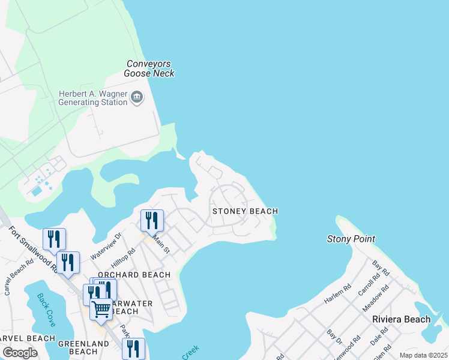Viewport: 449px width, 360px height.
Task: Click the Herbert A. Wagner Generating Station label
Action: click(93, 98)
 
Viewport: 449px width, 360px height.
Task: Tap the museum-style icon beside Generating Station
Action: click(137, 97)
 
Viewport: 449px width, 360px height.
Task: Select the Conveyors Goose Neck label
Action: click(149, 68)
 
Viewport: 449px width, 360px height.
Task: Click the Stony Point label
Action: click(351, 239)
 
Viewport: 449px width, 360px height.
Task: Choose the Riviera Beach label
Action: click(401, 319)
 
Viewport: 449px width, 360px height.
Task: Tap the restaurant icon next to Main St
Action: click(152, 220)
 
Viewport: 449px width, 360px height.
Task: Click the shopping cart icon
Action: click(101, 310)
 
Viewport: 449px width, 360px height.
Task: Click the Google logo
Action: click(20, 353)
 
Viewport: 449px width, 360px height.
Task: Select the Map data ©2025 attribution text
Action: click(423, 355)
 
